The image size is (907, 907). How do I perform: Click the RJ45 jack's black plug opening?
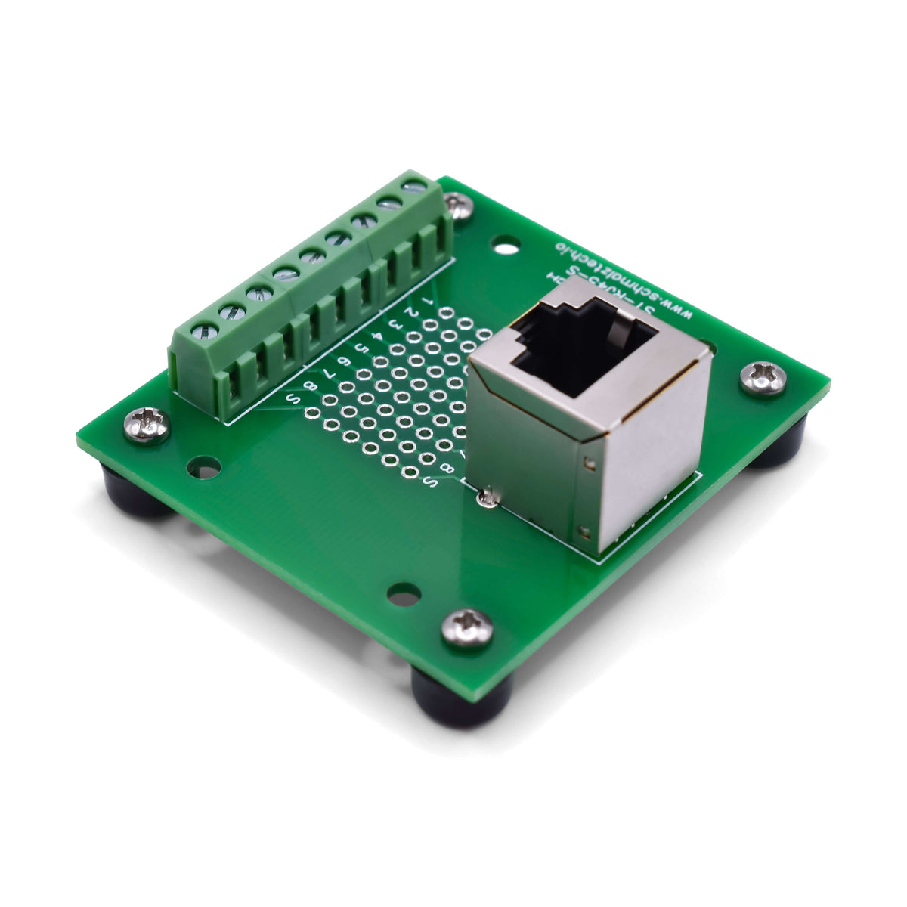point(582,348)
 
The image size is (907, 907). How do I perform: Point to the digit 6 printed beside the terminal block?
point(344,361)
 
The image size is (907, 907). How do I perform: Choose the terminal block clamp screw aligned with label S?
point(206,330)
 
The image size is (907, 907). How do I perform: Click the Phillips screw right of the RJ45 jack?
point(763,378)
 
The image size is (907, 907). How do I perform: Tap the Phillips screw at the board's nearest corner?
point(467,628)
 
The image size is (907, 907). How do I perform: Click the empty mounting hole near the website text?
point(506,245)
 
